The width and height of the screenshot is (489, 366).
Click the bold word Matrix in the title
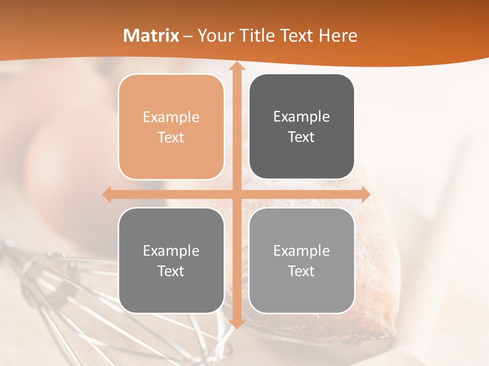[151, 36]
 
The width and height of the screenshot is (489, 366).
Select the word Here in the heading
[338, 36]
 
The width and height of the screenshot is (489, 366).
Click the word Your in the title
[213, 36]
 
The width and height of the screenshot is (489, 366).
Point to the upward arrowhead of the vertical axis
[236, 66]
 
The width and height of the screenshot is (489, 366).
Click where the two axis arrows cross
[236, 194]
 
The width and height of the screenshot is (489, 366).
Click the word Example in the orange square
[171, 117]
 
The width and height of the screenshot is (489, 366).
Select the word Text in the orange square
[171, 137]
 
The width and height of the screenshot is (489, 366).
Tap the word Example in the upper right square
[302, 117]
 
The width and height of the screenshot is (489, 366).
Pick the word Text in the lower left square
[171, 271]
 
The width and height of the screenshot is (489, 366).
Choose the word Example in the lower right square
[302, 251]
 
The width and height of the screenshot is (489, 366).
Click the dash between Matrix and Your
[188, 36]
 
